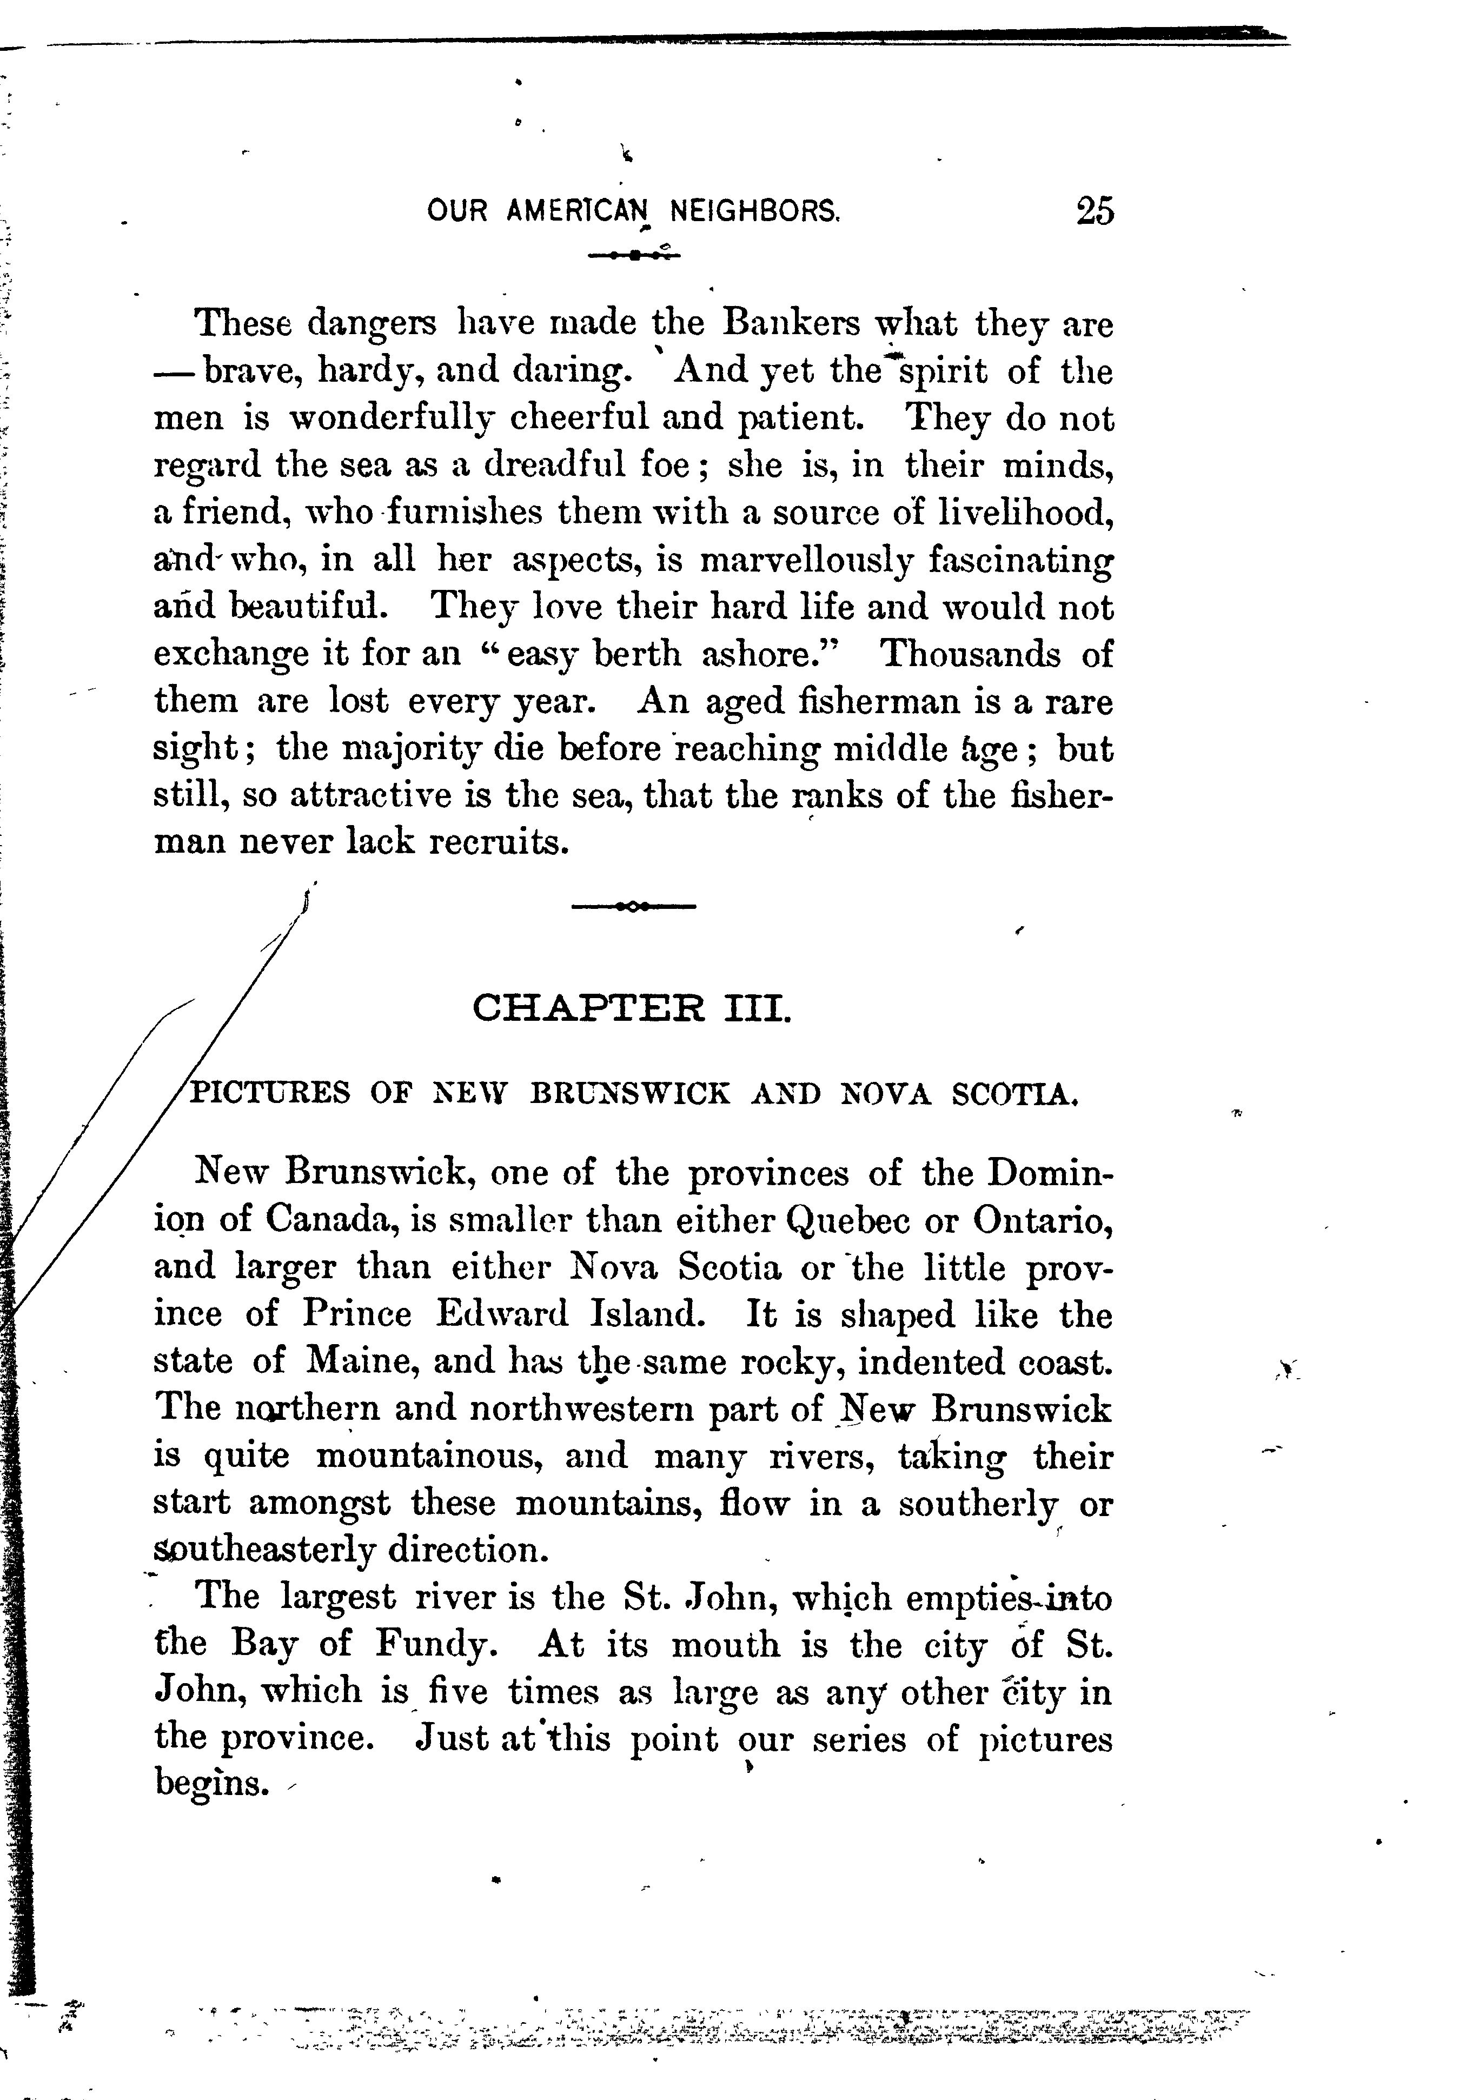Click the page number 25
(x=1095, y=211)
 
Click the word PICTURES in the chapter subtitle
(x=269, y=1093)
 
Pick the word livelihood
(x=1026, y=513)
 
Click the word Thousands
(x=970, y=654)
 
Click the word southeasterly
(x=264, y=1551)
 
